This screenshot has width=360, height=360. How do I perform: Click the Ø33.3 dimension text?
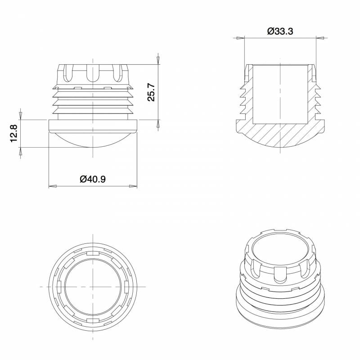280,31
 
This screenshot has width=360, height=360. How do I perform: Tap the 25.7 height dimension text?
151,92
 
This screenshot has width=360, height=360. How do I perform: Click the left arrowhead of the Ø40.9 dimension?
51,186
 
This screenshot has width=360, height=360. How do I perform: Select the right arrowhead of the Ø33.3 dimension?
320,38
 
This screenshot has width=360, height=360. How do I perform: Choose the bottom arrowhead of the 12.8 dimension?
20,151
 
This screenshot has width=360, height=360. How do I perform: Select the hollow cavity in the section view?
280,94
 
